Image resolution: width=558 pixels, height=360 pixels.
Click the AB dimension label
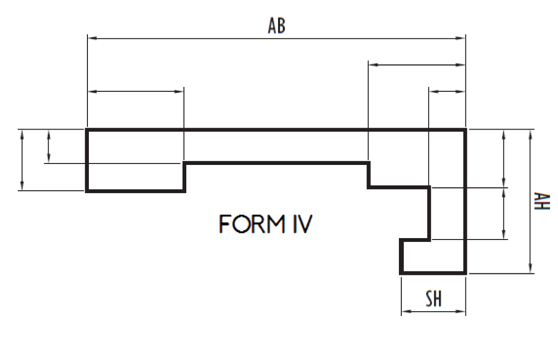(x=276, y=26)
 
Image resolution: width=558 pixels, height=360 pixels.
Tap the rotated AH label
(x=542, y=201)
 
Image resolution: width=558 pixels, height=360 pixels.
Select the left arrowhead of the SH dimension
(x=406, y=312)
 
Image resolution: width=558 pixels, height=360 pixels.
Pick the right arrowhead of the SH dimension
(x=461, y=312)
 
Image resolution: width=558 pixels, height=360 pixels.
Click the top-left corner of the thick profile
(x=87, y=130)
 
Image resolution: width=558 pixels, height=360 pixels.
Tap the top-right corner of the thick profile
(x=465, y=130)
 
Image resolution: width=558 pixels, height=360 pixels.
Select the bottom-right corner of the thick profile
(x=465, y=273)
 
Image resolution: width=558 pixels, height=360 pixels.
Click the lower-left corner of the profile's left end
(x=87, y=191)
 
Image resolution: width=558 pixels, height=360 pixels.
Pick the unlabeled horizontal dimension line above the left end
(x=136, y=91)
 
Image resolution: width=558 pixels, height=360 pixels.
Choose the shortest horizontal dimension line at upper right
(x=447, y=91)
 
